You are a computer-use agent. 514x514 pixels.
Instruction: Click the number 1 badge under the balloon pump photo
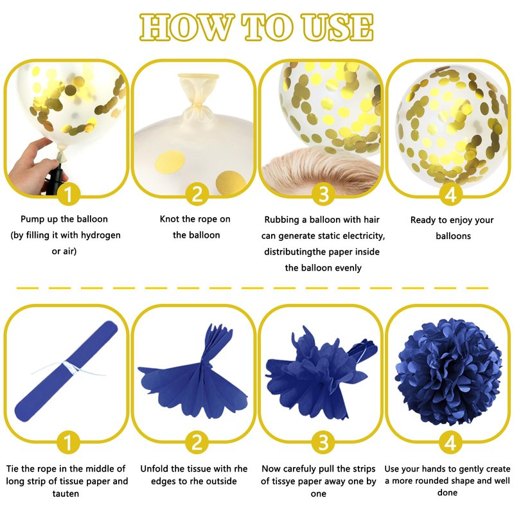(x=69, y=194)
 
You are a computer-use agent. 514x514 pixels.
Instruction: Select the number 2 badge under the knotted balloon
(x=197, y=194)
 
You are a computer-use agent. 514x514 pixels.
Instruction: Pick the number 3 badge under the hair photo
(x=324, y=194)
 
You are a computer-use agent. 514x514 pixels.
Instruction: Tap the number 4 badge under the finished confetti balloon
(x=451, y=194)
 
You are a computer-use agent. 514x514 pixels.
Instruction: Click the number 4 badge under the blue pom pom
(x=451, y=443)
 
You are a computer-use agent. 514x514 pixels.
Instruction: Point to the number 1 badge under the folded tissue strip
(x=69, y=443)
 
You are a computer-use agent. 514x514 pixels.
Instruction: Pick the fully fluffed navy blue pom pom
(x=448, y=371)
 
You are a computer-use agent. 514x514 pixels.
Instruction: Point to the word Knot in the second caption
(x=169, y=219)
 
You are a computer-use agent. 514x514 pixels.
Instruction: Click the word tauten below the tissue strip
(x=66, y=493)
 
